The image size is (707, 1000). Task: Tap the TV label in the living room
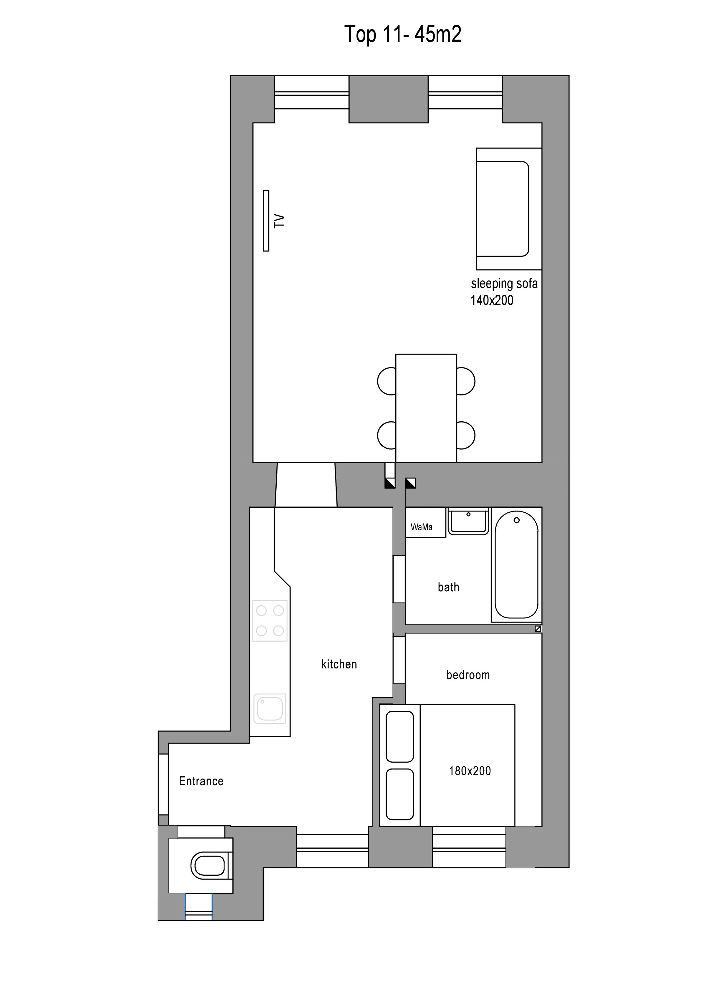tap(279, 221)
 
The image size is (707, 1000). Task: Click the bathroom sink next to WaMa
tap(468, 521)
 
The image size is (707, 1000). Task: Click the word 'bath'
tap(448, 587)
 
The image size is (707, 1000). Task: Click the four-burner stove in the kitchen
tap(270, 621)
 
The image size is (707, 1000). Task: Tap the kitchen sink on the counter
tap(270, 708)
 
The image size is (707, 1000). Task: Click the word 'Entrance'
tap(201, 781)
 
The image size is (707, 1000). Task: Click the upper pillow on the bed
tap(400, 736)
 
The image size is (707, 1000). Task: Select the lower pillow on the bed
tap(400, 794)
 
